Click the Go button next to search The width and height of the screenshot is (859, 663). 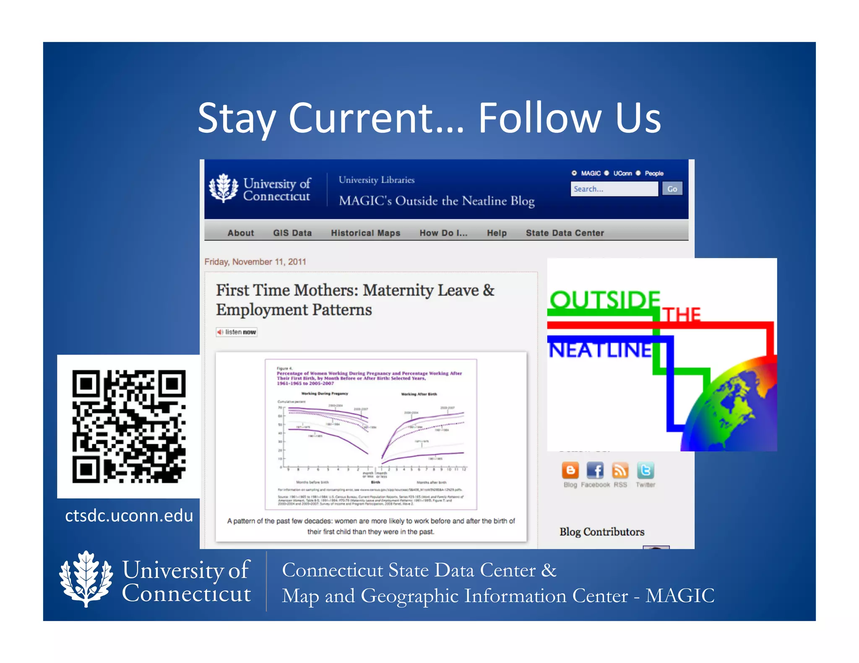(x=672, y=189)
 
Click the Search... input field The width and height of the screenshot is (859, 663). (x=613, y=189)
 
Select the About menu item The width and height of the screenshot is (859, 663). (x=240, y=233)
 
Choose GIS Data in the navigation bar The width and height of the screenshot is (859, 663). (x=292, y=233)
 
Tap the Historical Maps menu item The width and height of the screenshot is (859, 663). (x=365, y=233)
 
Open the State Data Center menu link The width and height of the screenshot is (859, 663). (x=565, y=233)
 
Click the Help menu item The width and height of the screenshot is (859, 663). (x=497, y=233)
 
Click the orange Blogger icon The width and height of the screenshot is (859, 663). (x=570, y=471)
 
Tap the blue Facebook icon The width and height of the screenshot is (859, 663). (x=595, y=471)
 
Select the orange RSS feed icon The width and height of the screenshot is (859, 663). (x=620, y=471)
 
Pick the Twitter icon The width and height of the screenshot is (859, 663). (x=645, y=471)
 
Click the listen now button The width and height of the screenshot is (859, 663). (x=237, y=332)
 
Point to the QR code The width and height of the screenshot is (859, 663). (x=129, y=426)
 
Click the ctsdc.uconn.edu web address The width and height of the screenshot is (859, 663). (x=129, y=515)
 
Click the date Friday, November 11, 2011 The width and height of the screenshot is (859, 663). (x=255, y=262)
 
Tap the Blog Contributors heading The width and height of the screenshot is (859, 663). (x=601, y=532)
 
